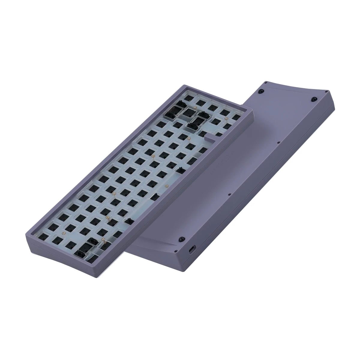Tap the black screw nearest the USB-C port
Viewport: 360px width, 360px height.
181,239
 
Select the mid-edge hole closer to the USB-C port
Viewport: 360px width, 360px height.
229,194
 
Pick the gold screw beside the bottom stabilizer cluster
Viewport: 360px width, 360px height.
103,239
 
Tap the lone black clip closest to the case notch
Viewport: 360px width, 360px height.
180,171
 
